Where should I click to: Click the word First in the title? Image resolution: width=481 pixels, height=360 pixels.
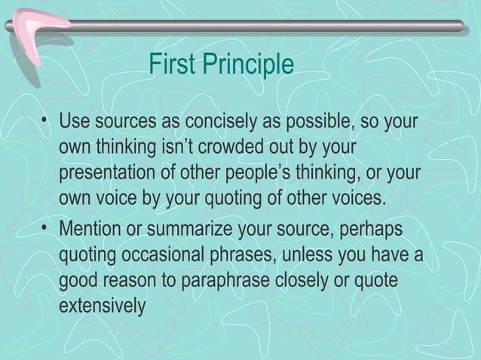click(170, 66)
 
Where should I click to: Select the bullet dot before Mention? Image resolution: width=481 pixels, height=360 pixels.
click(47, 227)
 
